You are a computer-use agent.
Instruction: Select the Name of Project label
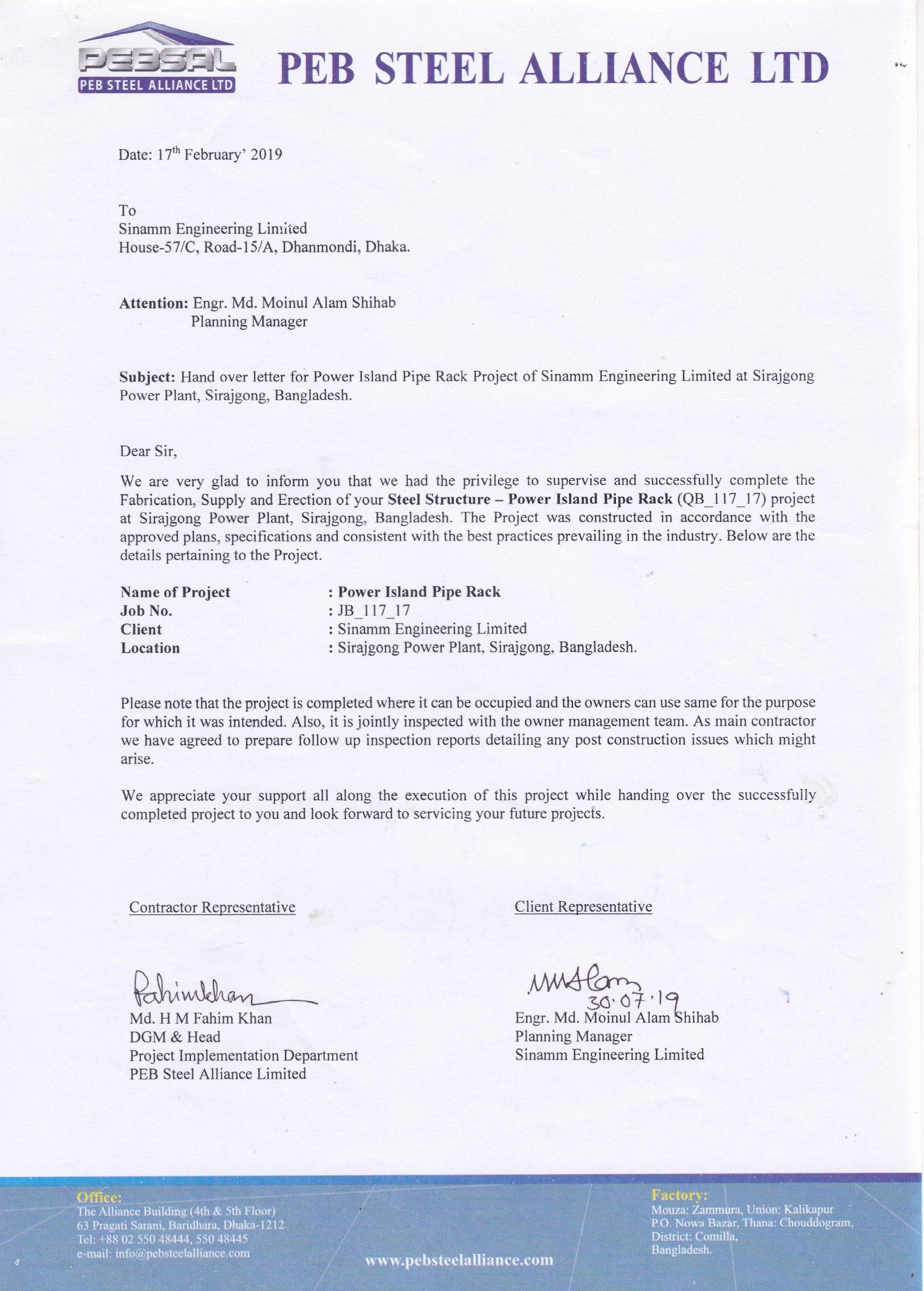[175, 593]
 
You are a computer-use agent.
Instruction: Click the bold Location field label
[150, 649]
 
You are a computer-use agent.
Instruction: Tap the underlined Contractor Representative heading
[212, 907]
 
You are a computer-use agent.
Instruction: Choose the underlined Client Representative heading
[583, 906]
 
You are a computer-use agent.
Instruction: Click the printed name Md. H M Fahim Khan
[200, 1018]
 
